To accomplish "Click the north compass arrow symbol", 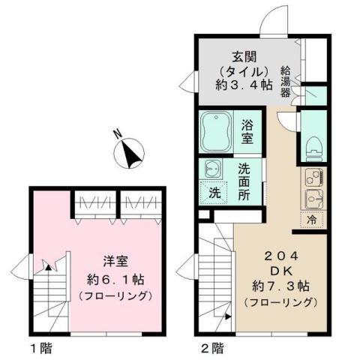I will point(133,153).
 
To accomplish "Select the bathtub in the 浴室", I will point(217,131).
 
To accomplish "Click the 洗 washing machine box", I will point(214,191).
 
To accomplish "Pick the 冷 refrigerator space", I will point(311,220).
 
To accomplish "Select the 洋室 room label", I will point(116,262).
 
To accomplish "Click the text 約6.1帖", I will point(116,278).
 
